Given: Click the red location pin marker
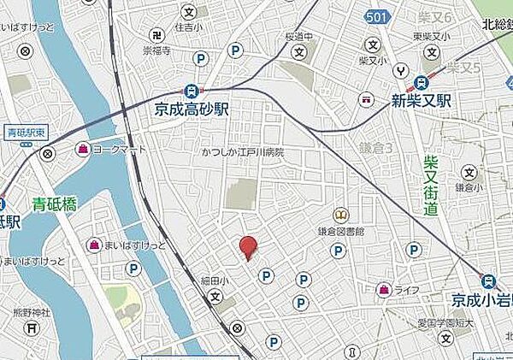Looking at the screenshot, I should (248, 246).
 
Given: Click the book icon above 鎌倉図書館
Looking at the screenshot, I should (342, 215).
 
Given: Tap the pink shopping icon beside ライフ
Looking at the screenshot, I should (384, 290).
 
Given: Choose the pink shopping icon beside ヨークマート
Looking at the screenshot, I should (83, 150).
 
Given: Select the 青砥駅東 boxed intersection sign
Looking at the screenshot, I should (23, 133).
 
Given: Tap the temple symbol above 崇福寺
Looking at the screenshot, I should (157, 35).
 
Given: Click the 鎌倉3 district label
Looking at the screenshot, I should (378, 148).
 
